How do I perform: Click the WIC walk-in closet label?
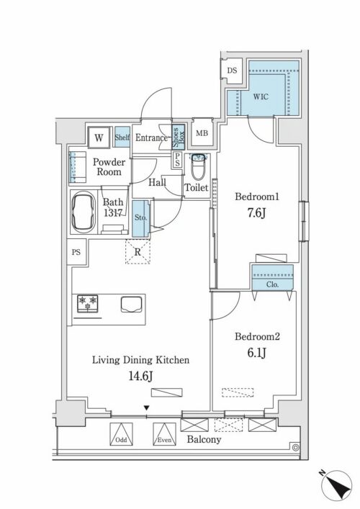(261, 96)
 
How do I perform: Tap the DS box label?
(232, 71)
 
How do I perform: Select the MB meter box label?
(202, 133)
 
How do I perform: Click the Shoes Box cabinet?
(179, 138)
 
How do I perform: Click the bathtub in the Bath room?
(84, 212)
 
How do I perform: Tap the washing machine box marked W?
(99, 138)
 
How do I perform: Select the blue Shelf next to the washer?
(122, 138)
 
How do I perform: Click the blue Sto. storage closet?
(140, 219)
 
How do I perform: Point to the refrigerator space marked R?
(138, 252)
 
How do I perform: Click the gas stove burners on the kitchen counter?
(88, 304)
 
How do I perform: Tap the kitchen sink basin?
(132, 305)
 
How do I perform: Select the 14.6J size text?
(140, 376)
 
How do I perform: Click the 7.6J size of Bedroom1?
(256, 213)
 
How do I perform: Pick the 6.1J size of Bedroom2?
(257, 353)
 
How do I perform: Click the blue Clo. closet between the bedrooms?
(273, 277)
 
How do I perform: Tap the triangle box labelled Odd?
(121, 434)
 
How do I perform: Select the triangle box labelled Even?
(165, 434)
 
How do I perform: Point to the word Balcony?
(204, 440)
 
